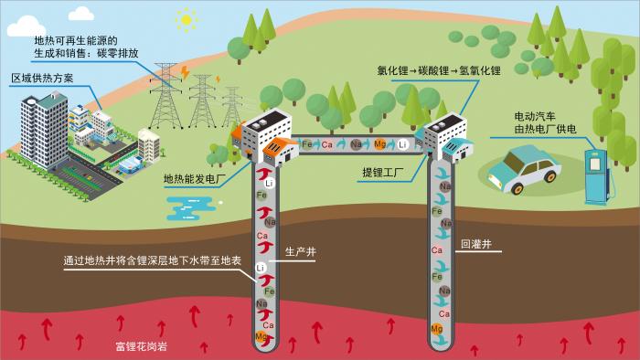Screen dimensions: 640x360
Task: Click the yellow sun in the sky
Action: [x=187, y=19]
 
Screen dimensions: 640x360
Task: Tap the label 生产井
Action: [x=301, y=251]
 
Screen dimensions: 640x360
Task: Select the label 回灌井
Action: [x=476, y=244]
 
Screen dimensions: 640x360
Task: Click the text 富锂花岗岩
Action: [x=141, y=347]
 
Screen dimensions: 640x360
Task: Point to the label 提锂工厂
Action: [x=383, y=173]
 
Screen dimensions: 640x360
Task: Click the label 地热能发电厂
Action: [x=194, y=179]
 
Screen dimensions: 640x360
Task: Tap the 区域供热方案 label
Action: [x=42, y=79]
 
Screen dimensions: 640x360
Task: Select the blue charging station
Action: [x=598, y=176]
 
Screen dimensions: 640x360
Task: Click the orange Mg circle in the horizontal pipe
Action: [x=380, y=144]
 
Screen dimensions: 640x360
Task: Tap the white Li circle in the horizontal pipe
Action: [x=403, y=144]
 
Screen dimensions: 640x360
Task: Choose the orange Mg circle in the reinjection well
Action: [x=436, y=329]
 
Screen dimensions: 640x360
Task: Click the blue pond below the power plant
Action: [x=191, y=208]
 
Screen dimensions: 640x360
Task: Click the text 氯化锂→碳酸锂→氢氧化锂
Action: [x=439, y=70]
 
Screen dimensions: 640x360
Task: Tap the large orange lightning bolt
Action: [x=185, y=72]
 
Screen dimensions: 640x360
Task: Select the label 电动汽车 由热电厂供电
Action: [x=545, y=122]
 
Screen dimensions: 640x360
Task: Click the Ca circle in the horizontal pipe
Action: [x=327, y=144]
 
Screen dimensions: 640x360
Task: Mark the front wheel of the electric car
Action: [x=517, y=188]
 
